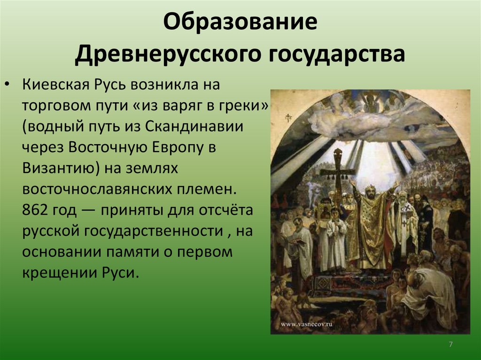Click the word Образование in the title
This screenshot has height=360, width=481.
point(240,22)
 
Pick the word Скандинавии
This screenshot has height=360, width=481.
point(194,126)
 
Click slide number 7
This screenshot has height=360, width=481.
point(450,344)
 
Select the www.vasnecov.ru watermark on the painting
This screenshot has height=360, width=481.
point(307,324)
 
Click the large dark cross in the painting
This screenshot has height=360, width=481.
point(338,172)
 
